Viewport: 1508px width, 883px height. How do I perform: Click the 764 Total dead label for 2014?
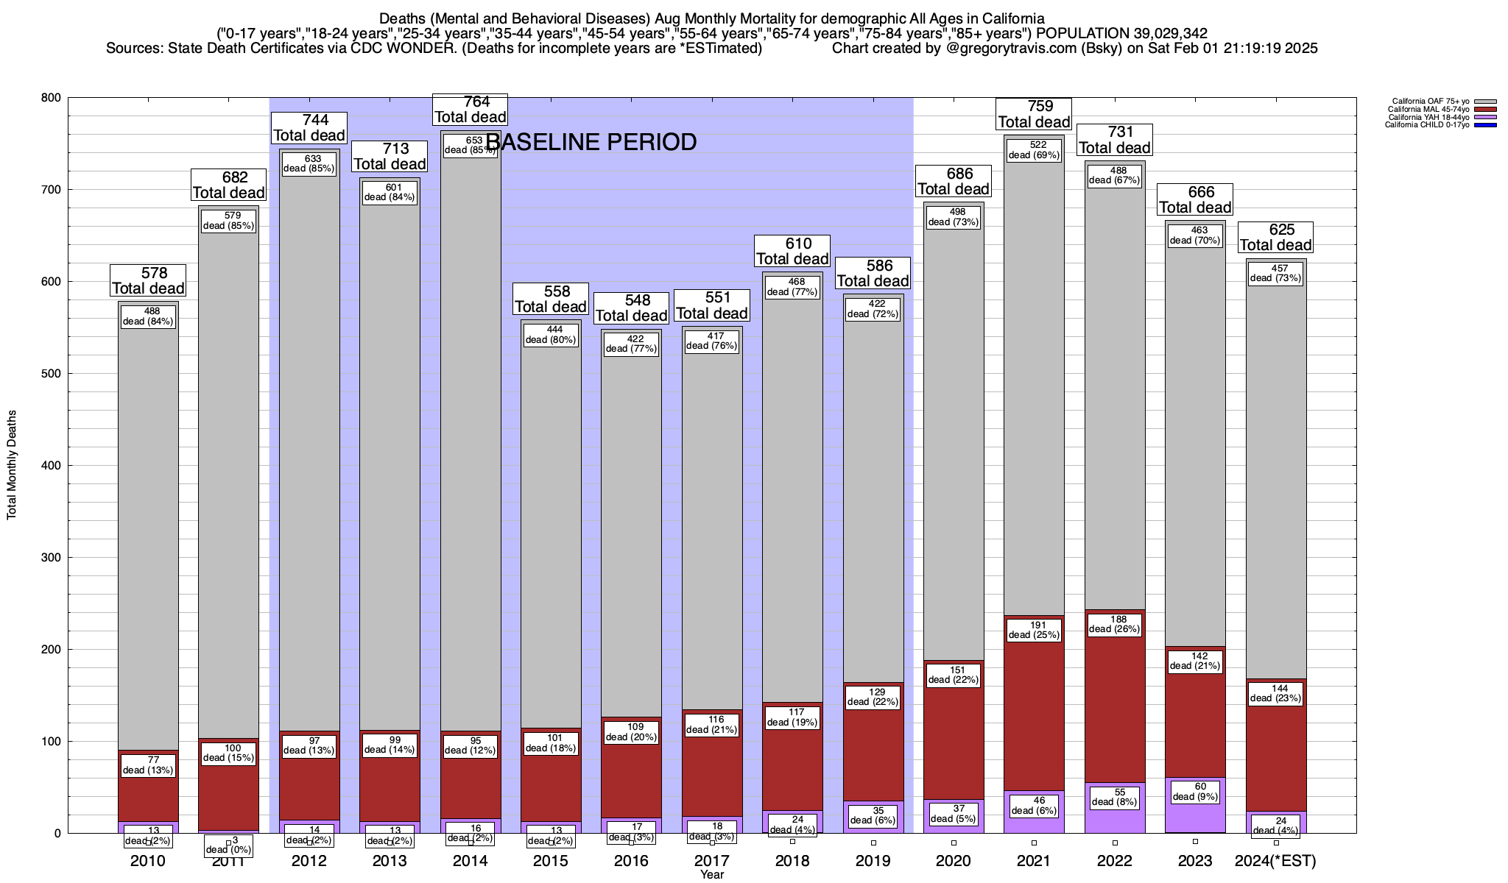pyautogui.click(x=470, y=109)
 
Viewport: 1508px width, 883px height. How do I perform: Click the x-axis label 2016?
pyautogui.click(x=631, y=861)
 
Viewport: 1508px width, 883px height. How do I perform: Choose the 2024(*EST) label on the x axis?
pyautogui.click(x=1275, y=861)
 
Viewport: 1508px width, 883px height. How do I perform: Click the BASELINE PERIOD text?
pyautogui.click(x=591, y=142)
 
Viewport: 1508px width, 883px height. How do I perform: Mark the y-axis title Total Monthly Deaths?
pyautogui.click(x=12, y=465)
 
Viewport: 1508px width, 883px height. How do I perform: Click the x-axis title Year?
pyautogui.click(x=712, y=875)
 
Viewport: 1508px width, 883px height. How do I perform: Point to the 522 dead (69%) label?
pyautogui.click(x=1034, y=150)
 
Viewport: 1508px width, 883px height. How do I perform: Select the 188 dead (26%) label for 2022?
pyautogui.click(x=1114, y=625)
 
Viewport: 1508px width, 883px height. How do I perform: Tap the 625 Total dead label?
pyautogui.click(x=1275, y=237)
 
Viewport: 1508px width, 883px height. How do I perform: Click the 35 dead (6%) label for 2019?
pyautogui.click(x=873, y=815)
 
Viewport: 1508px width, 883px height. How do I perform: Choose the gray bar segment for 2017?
pyautogui.click(x=712, y=530)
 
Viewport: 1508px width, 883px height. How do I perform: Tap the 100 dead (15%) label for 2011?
pyautogui.click(x=228, y=753)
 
